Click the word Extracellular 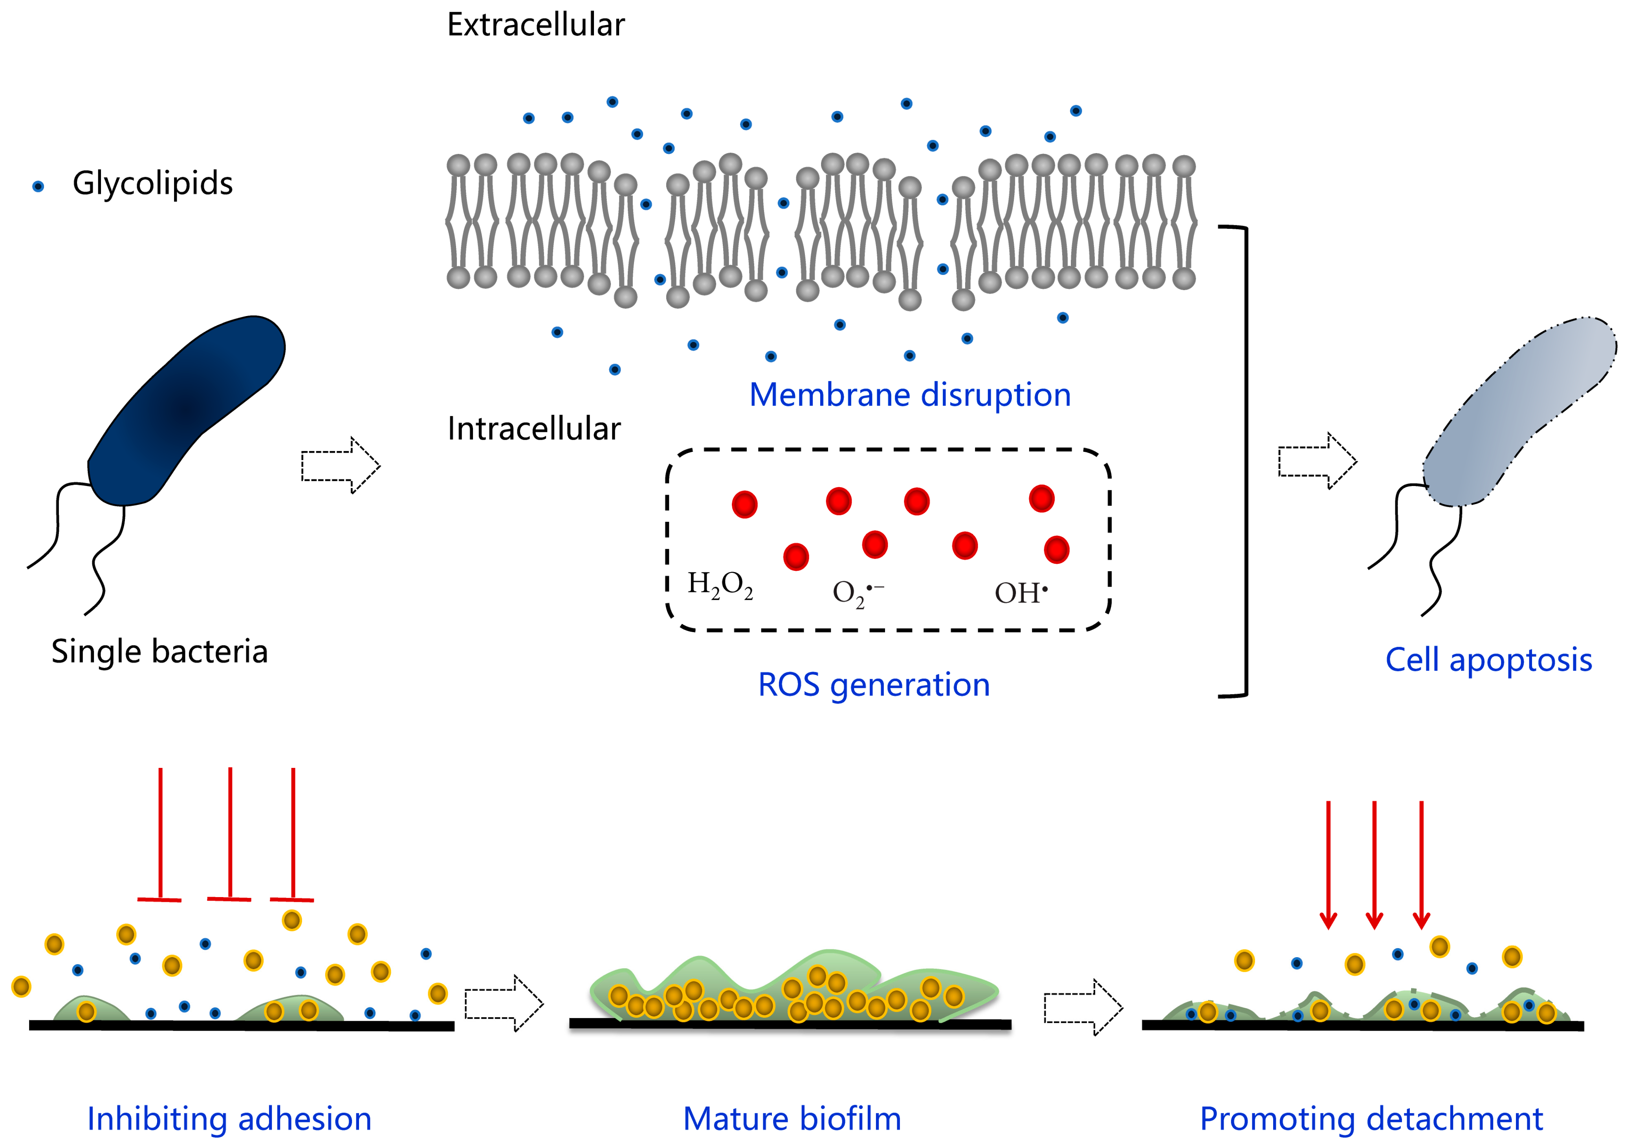(x=536, y=25)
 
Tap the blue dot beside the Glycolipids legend (x=38, y=187)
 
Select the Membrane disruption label (x=909, y=395)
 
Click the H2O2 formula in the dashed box (x=720, y=586)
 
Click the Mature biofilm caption (x=792, y=1119)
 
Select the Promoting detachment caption (x=1371, y=1119)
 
